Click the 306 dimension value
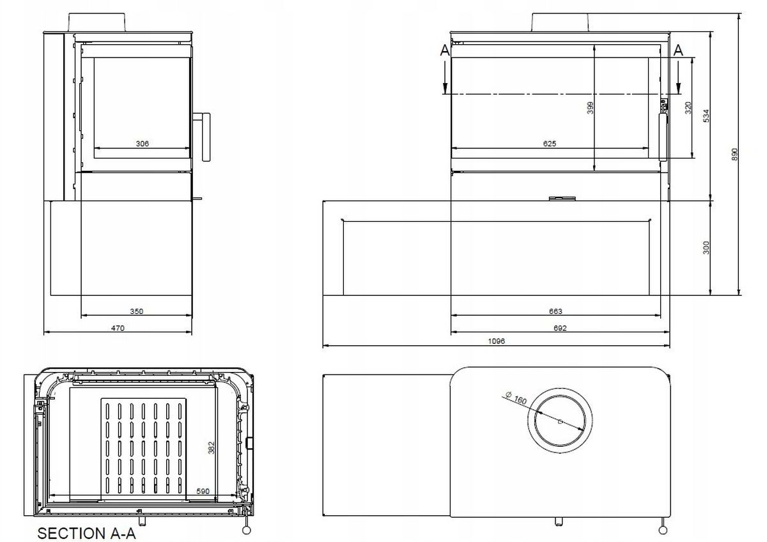coord(143,144)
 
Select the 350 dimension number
coord(137,312)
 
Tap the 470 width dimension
coord(117,329)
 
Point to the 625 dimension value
coord(550,144)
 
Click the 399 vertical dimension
coord(590,108)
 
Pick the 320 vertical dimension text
coord(688,107)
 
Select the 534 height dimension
coord(706,116)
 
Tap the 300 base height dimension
coord(706,247)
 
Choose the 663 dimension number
coord(555,312)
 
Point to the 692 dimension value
coord(561,329)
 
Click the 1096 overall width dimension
coord(497,341)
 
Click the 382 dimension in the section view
coord(211,447)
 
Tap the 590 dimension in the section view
coord(204,491)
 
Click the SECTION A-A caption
coord(87,533)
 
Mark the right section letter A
coord(678,50)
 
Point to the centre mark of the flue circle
coord(560,421)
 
